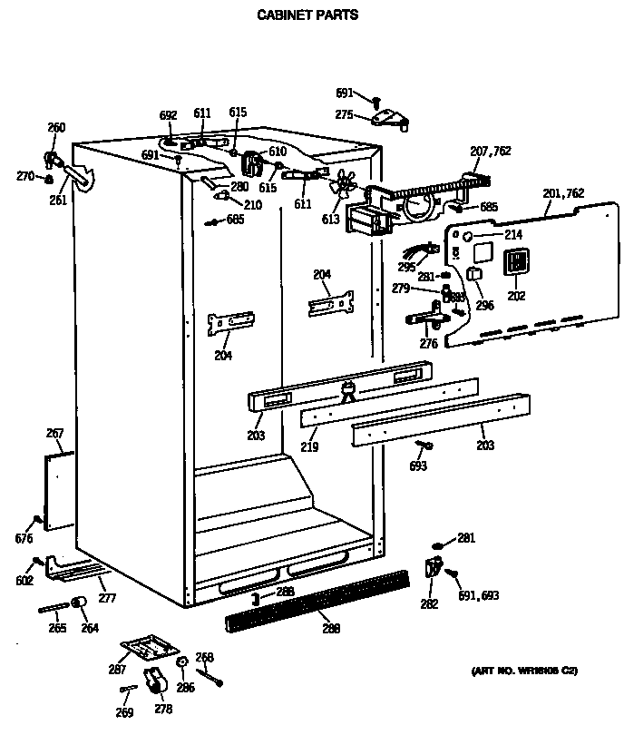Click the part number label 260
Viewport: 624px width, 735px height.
56,128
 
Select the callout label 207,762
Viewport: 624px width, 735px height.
490,151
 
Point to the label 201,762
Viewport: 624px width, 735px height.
563,192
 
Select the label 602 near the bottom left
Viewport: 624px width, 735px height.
24,580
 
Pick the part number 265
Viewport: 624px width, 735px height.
58,628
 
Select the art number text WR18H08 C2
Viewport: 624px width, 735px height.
523,671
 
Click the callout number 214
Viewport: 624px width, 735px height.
513,235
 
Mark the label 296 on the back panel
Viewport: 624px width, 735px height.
485,306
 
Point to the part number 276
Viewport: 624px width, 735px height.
429,344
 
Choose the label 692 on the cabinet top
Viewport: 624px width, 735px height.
168,115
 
